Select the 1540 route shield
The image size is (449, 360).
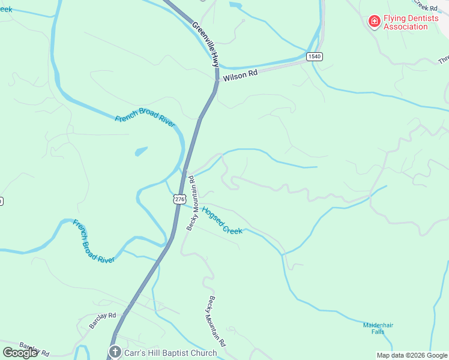click(314, 56)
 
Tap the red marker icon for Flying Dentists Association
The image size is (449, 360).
click(374, 22)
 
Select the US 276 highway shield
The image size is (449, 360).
click(179, 199)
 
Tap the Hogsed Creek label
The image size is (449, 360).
click(222, 220)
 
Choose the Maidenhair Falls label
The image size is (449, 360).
click(378, 328)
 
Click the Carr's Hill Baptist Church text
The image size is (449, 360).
click(170, 353)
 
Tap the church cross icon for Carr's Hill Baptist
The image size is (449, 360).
click(115, 352)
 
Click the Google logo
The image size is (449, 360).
click(20, 353)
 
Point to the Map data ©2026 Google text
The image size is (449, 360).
click(411, 355)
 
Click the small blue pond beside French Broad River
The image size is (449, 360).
click(141, 151)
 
